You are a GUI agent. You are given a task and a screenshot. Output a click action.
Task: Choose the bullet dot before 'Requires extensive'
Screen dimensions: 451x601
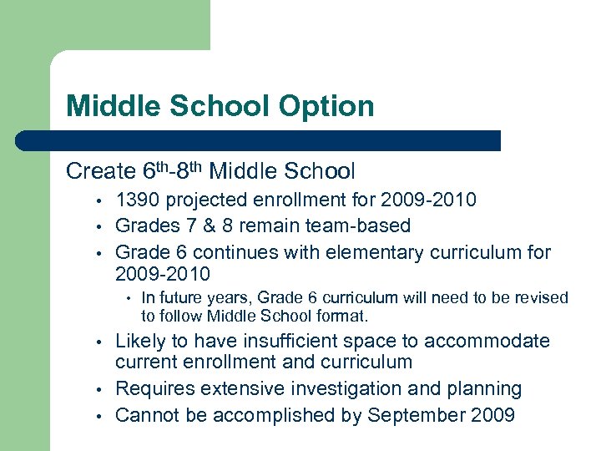(98, 390)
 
